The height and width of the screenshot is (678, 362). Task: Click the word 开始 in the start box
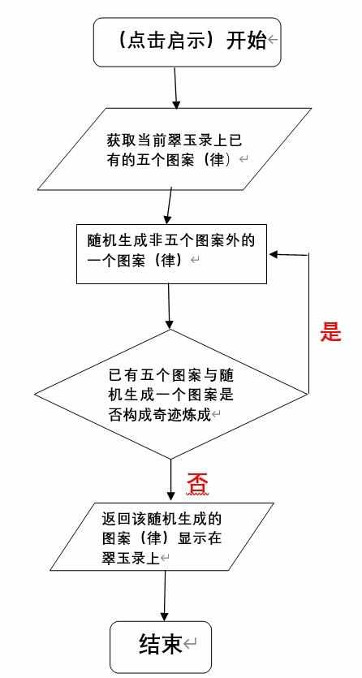click(x=246, y=41)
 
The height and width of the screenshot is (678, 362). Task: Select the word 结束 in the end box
click(x=160, y=644)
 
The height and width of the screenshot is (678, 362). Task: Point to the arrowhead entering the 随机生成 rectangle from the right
click(x=274, y=254)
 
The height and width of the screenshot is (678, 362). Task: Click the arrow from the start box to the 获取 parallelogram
click(x=175, y=88)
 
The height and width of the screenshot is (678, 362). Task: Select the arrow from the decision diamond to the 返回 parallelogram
click(x=171, y=481)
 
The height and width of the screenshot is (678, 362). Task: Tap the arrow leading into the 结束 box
click(x=165, y=596)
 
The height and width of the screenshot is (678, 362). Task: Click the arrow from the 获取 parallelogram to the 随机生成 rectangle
click(x=170, y=205)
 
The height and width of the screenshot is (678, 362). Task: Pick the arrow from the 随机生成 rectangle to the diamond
click(x=169, y=306)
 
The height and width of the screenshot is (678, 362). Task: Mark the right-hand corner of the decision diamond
click(x=308, y=394)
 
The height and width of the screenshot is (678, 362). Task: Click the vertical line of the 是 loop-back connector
click(x=308, y=324)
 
